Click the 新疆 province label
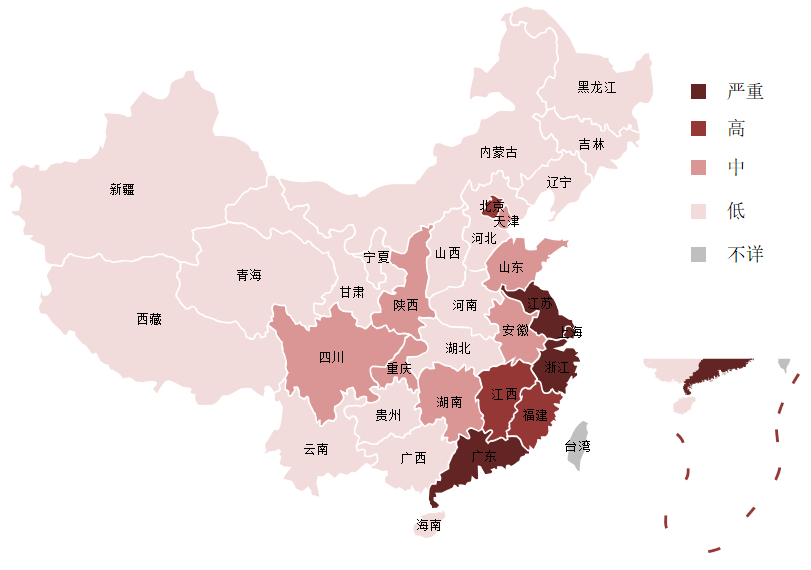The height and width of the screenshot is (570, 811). [122, 189]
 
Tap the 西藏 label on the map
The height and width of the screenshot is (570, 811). [149, 319]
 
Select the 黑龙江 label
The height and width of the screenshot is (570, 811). [597, 87]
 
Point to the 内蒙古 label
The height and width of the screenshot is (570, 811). [499, 152]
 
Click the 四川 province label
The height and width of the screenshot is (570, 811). [332, 357]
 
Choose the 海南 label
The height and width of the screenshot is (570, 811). [429, 525]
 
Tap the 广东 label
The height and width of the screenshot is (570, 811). [484, 457]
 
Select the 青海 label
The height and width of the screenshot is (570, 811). [249, 275]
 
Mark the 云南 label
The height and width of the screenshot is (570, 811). [316, 449]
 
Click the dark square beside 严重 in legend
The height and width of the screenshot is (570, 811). [698, 92]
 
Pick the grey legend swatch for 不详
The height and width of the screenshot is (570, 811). [698, 255]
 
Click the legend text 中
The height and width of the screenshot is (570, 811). [736, 167]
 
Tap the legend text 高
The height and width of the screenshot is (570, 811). [736, 128]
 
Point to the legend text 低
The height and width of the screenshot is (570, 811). [736, 210]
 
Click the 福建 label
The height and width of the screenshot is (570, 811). [535, 415]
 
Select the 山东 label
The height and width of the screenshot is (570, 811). [511, 268]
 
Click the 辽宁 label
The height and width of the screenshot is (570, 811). [559, 182]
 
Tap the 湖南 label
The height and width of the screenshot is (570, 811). [449, 402]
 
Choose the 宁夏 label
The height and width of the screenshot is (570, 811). [377, 257]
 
